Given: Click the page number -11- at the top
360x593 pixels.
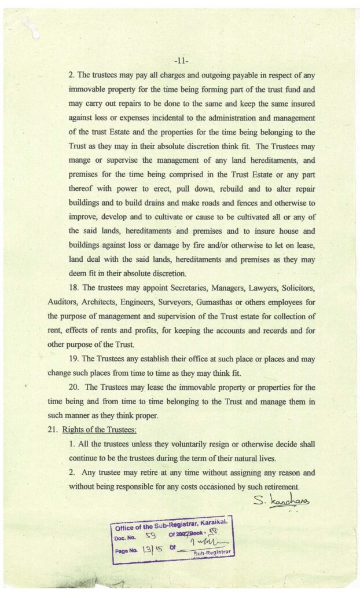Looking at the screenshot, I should coord(181,60).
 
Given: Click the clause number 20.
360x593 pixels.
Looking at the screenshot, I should coord(74,387).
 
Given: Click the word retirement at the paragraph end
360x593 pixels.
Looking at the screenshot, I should coord(278,486).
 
